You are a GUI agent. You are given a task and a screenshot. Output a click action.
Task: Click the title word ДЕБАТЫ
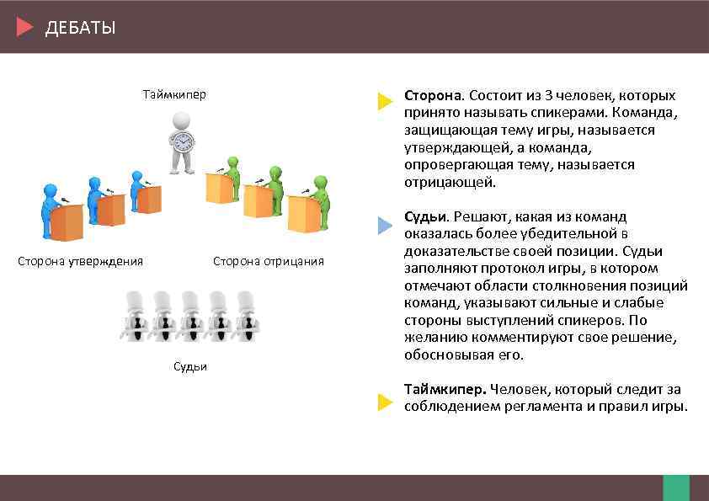pyautogui.click(x=80, y=28)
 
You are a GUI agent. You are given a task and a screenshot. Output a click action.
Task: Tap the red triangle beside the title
pyautogui.click(x=24, y=27)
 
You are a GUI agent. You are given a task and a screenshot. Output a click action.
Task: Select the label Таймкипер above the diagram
pyautogui.click(x=174, y=94)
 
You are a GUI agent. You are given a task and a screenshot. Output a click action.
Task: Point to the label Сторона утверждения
pyautogui.click(x=81, y=261)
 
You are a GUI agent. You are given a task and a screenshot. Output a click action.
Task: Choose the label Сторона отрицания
pyautogui.click(x=268, y=261)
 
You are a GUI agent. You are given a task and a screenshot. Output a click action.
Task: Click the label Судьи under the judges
pyautogui.click(x=189, y=366)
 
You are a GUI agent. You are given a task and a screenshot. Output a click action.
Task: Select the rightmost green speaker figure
pyautogui.click(x=321, y=197)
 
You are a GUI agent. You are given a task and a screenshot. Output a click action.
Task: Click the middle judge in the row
pyautogui.click(x=191, y=315)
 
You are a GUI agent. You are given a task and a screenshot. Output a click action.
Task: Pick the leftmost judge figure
pyautogui.click(x=135, y=315)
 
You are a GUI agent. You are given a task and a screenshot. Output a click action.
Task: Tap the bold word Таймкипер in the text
pyautogui.click(x=445, y=389)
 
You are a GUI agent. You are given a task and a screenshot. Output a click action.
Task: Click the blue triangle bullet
pyautogui.click(x=385, y=225)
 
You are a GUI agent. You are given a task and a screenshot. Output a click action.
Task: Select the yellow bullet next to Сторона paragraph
pyautogui.click(x=385, y=103)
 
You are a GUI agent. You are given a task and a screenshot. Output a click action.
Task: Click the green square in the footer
pyautogui.click(x=675, y=488)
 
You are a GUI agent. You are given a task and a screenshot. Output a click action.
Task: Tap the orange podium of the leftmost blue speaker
pyautogui.click(x=67, y=222)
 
